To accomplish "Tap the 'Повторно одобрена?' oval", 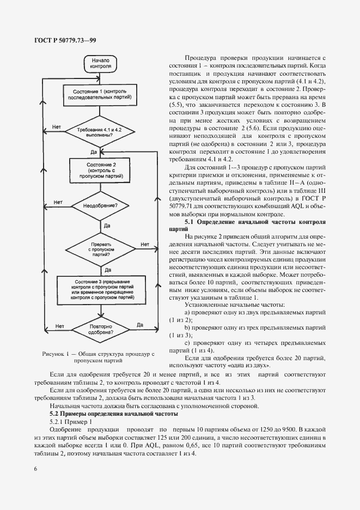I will click(x=101, y=329).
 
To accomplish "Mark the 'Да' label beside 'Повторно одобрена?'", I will click(x=140, y=325).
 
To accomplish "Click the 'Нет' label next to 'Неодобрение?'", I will click(x=57, y=202).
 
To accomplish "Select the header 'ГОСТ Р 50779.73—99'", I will click(x=60, y=40).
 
